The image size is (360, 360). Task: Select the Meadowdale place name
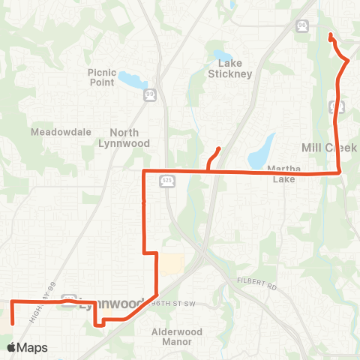click(x=54, y=132)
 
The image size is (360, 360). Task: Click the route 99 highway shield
click(x=149, y=94)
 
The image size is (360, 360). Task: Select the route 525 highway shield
click(x=168, y=181)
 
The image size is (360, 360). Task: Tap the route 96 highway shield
click(x=301, y=26)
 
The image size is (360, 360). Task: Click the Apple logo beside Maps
click(x=12, y=347)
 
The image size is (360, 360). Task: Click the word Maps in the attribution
click(x=33, y=347)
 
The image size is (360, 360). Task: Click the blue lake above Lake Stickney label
click(x=222, y=55)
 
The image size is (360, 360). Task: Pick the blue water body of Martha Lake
click(x=262, y=151)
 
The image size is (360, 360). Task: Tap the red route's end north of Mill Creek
click(x=331, y=35)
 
